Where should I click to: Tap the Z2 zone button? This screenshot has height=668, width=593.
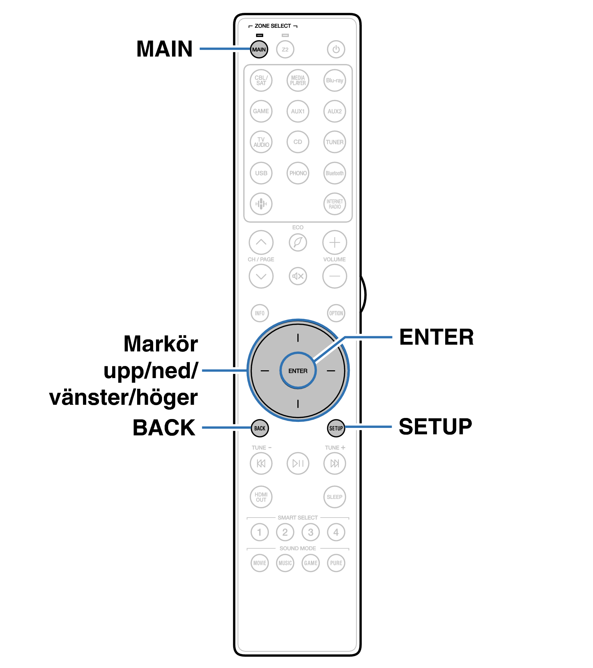coord(285,49)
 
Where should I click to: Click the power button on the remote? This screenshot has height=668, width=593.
coord(336,49)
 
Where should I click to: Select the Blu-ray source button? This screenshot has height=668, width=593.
coord(334,80)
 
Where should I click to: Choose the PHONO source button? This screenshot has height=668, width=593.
coord(298,173)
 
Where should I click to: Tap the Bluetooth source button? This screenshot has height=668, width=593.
coord(334,173)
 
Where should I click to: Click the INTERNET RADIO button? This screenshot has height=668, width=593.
coord(334,204)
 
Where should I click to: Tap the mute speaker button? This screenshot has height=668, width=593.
coord(298,276)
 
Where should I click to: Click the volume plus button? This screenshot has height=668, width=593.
coord(334,243)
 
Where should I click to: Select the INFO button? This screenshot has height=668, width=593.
coord(260,313)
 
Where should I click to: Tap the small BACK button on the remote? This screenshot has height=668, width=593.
coord(260,428)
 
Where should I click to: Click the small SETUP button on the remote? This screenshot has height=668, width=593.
coord(336,428)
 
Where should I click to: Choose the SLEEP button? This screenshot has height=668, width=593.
coord(334,497)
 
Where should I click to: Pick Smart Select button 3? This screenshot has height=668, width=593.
coord(311,532)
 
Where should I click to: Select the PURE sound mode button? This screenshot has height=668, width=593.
coord(336,563)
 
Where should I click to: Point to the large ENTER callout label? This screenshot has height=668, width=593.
coord(436,337)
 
